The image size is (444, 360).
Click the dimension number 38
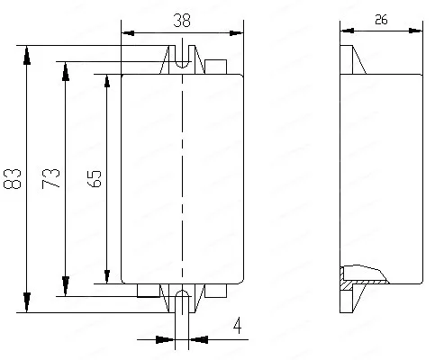pyautogui.click(x=182, y=20)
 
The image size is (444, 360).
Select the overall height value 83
pyautogui.click(x=14, y=178)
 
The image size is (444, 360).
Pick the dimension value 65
pyautogui.click(x=94, y=177)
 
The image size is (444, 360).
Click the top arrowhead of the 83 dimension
pyautogui.click(x=27, y=52)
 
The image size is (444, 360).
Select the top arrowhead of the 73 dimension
pyautogui.click(x=65, y=70)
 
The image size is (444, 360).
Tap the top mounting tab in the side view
pyautogui.click(x=350, y=60)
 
